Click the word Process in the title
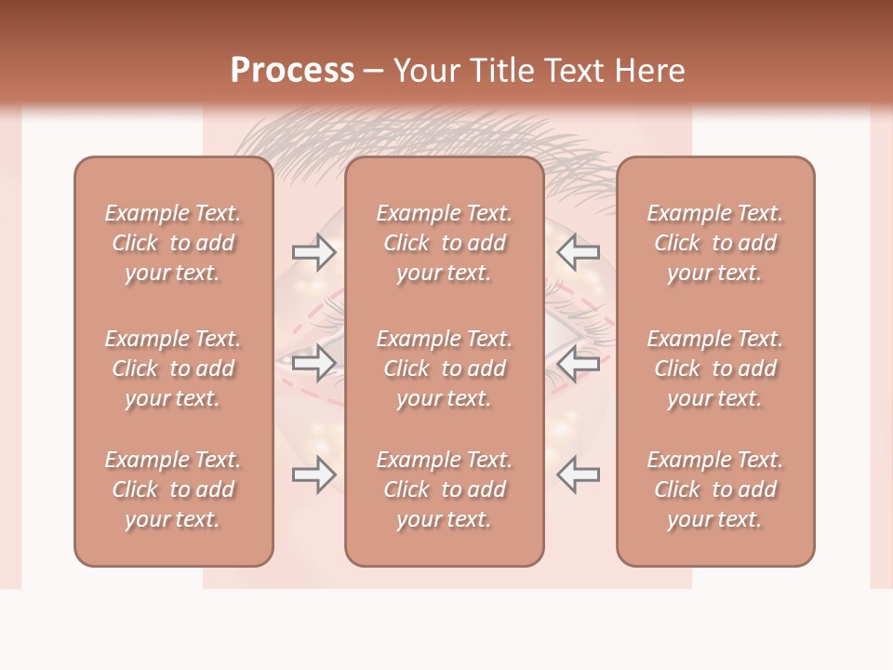tap(292, 71)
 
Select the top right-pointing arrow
tap(314, 252)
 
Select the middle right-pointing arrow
tap(314, 363)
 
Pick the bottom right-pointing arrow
tap(314, 475)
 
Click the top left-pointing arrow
tap(579, 252)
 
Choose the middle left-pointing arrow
tap(579, 363)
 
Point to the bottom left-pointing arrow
tap(579, 475)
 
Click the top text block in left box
tap(173, 243)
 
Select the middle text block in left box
tap(173, 368)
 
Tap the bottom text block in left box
tap(173, 489)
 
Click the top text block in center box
tap(445, 243)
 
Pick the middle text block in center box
tap(445, 368)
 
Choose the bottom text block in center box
tap(445, 489)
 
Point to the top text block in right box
tap(715, 243)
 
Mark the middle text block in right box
tap(715, 368)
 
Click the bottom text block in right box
tap(715, 489)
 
